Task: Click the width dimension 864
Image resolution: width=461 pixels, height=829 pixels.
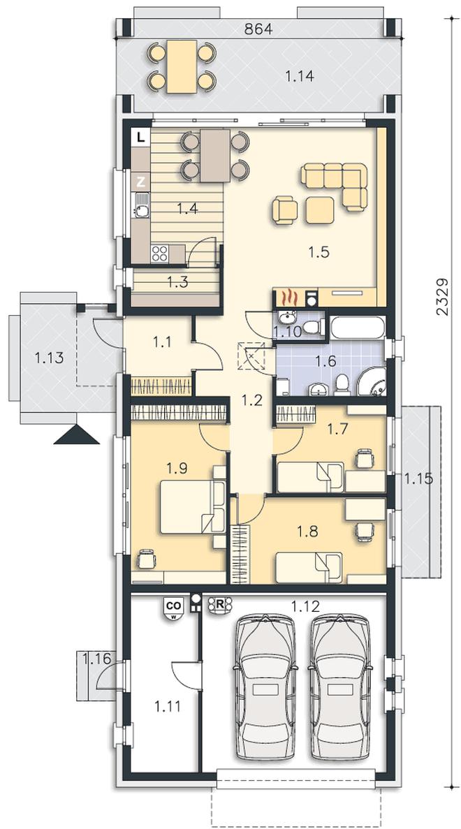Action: [258, 29]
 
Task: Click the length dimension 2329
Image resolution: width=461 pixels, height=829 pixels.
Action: [443, 297]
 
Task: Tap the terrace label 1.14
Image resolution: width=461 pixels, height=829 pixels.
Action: [300, 77]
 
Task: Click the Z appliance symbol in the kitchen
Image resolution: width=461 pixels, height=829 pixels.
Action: [140, 182]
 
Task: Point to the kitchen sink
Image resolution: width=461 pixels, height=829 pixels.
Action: [140, 205]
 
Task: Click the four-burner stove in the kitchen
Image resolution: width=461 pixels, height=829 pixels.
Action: [160, 254]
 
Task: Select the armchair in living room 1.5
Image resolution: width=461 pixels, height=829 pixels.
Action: [285, 210]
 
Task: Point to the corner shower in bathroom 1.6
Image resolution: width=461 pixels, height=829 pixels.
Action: [372, 381]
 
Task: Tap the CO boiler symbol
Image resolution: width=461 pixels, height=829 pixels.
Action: [173, 608]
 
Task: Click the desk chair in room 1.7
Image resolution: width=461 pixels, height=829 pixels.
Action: [364, 458]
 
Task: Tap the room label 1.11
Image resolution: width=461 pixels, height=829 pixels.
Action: [168, 705]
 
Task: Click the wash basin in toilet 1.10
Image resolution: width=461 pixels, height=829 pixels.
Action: [287, 318]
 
